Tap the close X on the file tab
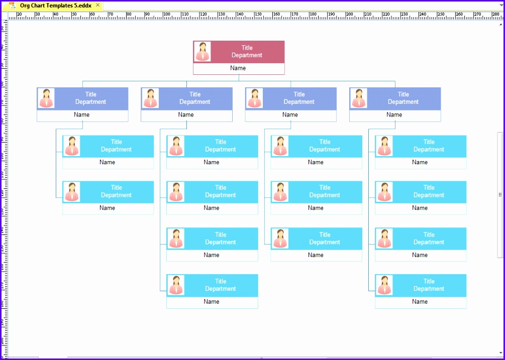tap(97, 5)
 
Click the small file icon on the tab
tap(12, 6)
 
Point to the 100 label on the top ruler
tap(167, 14)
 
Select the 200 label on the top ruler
tap(350, 14)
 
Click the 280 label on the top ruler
tap(496, 14)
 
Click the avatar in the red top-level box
tap(203, 52)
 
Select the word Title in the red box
tap(247, 48)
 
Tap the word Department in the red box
tap(247, 55)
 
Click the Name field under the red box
tap(238, 68)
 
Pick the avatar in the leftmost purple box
tap(47, 98)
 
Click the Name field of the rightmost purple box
tap(394, 115)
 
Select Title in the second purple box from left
tap(195, 94)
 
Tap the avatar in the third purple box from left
tap(255, 98)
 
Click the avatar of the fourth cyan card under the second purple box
tap(176, 285)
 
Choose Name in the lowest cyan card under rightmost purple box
tap(420, 302)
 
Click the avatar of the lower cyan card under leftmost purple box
tap(72, 192)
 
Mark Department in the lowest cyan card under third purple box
tap(325, 242)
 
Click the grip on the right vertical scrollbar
tap(500, 195)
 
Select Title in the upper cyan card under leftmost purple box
tap(117, 142)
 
